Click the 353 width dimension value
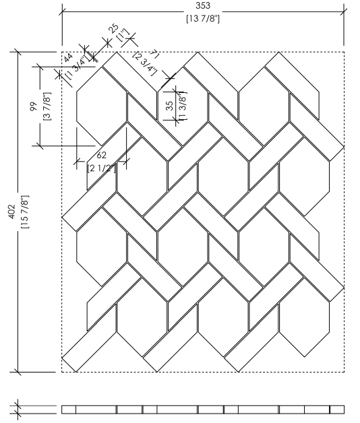203,5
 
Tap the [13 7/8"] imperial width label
203,19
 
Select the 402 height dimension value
12,211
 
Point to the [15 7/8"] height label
24,211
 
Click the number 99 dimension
34,106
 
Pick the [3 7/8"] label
47,106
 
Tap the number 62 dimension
102,155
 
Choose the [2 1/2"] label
102,168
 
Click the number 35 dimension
170,106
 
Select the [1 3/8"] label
183,106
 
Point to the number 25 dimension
114,28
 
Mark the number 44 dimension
69,57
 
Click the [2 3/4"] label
145,64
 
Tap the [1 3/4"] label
78,67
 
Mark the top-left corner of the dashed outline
62,52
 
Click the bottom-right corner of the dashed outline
344,372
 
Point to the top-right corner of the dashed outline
344,52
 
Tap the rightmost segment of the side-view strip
337,410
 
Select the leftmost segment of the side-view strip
69,410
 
